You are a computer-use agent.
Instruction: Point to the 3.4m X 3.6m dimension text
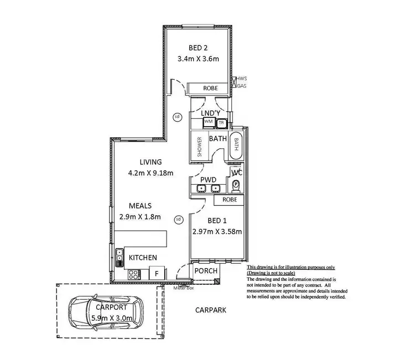[198, 59]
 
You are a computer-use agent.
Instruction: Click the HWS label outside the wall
[242, 79]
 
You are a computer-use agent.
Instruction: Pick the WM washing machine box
[209, 121]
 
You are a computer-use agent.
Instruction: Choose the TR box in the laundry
[221, 123]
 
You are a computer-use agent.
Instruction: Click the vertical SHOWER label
[200, 147]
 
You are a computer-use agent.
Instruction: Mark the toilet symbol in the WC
[236, 185]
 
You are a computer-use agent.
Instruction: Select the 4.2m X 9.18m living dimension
[151, 173]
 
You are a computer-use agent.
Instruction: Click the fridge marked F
[157, 273]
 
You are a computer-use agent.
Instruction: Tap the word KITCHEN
[143, 258]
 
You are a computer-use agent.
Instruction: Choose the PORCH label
[205, 271]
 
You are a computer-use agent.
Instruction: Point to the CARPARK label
[211, 311]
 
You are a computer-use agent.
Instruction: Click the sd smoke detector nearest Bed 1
[178, 219]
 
